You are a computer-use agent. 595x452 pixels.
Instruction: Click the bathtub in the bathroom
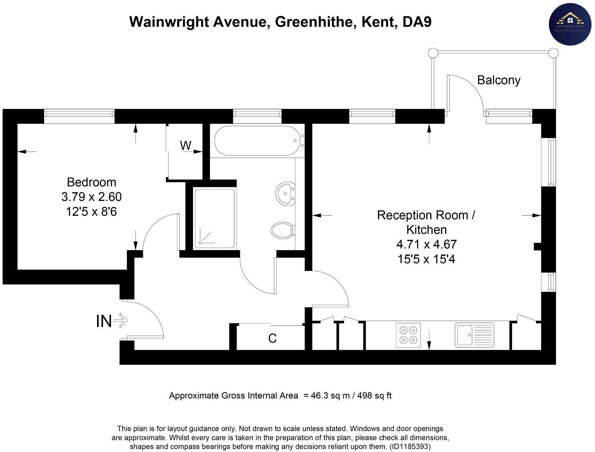(x=257, y=141)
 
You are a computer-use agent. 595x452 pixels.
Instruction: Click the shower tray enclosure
(x=215, y=218)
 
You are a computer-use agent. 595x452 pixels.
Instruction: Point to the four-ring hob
(x=408, y=335)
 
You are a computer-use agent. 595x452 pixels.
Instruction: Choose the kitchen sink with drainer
(x=474, y=335)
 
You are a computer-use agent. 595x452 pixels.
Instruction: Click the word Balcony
(x=498, y=80)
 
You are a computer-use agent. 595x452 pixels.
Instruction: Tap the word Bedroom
(x=92, y=182)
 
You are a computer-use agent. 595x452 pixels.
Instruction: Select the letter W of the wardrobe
(x=186, y=145)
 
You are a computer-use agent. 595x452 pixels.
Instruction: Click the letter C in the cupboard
(x=272, y=338)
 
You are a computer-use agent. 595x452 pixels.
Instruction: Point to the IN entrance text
(x=104, y=321)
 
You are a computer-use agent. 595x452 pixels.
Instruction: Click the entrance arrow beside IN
(x=120, y=321)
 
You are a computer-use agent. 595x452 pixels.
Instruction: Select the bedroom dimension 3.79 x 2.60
(x=92, y=197)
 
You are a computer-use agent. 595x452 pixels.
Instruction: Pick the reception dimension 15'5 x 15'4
(x=426, y=259)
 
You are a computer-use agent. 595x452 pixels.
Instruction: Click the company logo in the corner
(x=570, y=25)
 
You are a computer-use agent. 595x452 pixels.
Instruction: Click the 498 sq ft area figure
(x=374, y=395)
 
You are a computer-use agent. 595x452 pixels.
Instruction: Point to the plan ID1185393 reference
(x=410, y=446)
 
